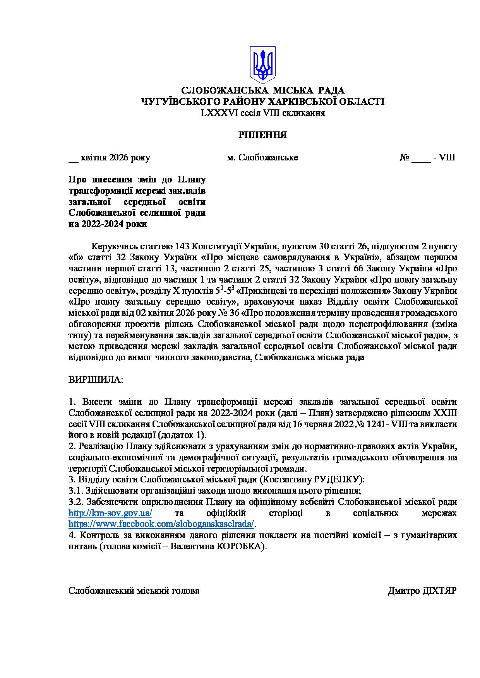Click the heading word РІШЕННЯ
pyautogui.click(x=262, y=135)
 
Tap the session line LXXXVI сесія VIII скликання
pyautogui.click(x=262, y=113)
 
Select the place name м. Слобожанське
pyautogui.click(x=262, y=158)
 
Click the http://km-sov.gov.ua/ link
pyautogui.click(x=110, y=513)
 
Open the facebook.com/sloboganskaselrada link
pyautogui.click(x=161, y=524)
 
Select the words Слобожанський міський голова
pyautogui.click(x=134, y=591)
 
